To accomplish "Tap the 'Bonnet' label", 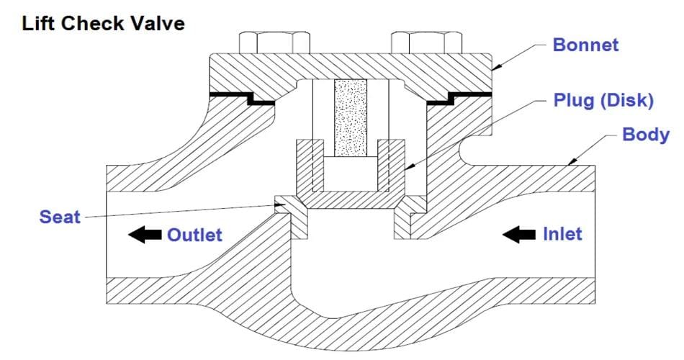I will (585, 45).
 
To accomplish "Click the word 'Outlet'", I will (194, 235).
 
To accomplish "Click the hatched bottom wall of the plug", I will (351, 200).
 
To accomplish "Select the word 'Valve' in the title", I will (158, 23).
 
